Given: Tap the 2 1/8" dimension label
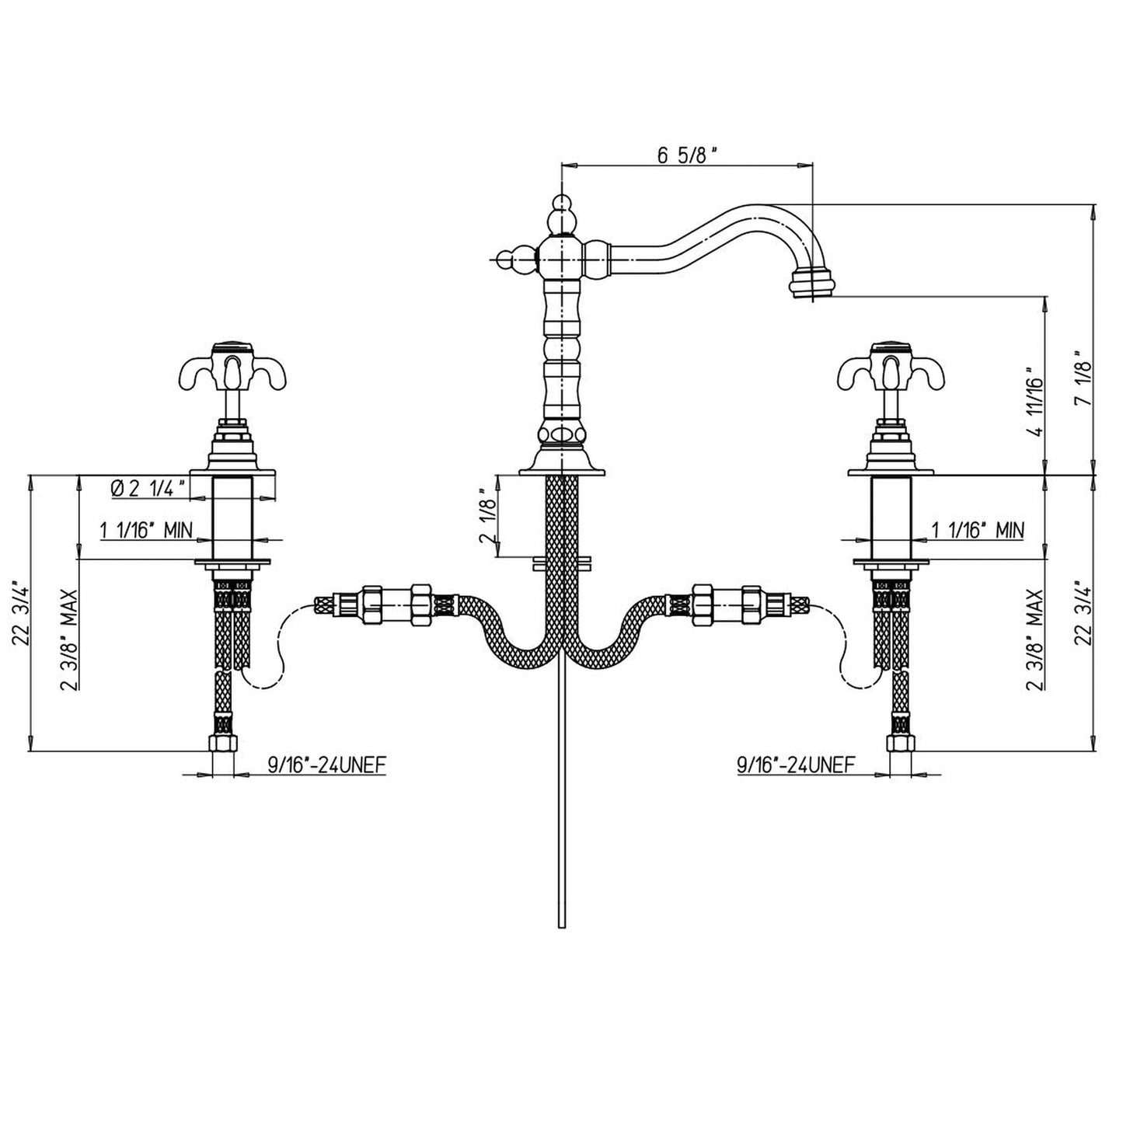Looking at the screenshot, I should coord(487,515).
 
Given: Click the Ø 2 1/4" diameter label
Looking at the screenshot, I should coord(148,488).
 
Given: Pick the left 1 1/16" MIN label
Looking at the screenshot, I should coord(145,531).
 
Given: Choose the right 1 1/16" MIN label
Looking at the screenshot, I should coord(978,531).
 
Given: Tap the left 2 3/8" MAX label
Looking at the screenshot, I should coord(71,639).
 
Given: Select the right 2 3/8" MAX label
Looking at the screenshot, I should coord(1034,639).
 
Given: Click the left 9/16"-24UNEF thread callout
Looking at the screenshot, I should coord(327,765).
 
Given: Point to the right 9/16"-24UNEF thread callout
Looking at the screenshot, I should coord(796,765).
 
